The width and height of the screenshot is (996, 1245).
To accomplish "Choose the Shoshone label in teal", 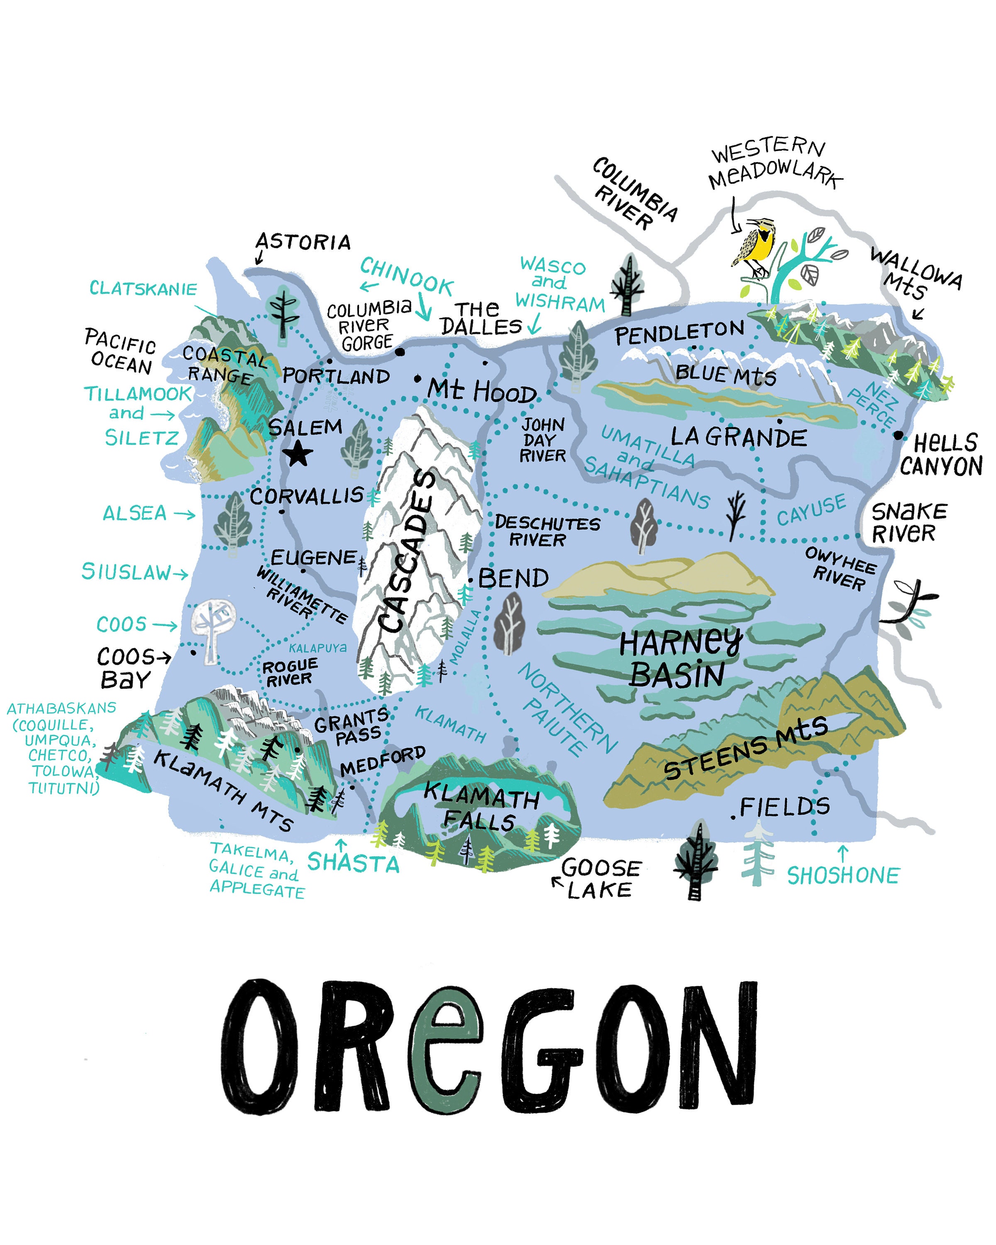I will (843, 876).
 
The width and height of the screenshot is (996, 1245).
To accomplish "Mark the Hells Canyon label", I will (942, 454).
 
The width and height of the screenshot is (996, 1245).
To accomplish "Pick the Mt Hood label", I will (482, 391).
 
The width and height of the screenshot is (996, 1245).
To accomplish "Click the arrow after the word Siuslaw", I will (181, 574).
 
